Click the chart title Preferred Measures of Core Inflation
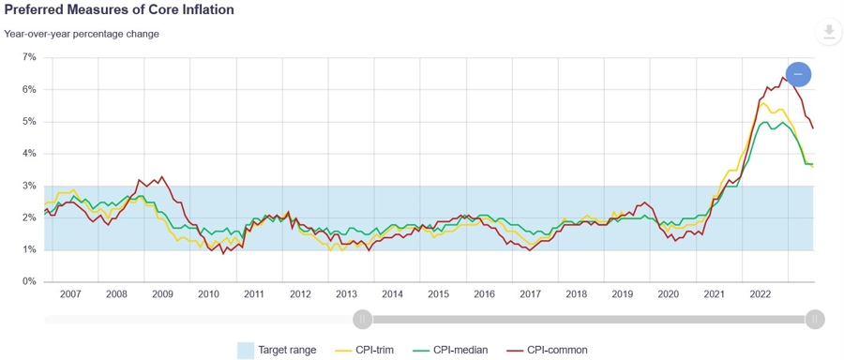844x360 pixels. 119,10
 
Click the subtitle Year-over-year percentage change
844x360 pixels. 82,35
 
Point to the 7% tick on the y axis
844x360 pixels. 29,57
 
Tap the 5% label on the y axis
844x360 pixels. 29,122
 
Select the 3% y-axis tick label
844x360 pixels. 29,186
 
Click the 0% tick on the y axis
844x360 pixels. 29,281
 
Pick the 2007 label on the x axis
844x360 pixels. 70,294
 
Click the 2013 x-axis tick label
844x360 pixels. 346,294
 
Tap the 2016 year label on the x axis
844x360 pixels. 484,294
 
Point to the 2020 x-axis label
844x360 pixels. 668,294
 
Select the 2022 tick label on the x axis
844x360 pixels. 760,294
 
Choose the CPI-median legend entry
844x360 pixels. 453,351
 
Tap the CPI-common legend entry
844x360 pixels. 548,351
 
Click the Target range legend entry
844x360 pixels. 278,351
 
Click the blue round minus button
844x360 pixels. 799,74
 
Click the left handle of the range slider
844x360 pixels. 363,319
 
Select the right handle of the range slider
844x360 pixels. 815,319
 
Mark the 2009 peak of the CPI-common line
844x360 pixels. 161,176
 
